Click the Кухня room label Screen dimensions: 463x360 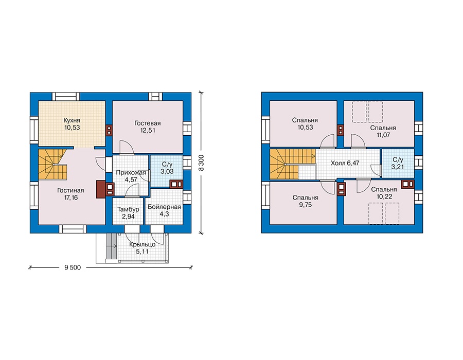coord(72,120)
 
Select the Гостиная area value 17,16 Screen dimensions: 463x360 coord(71,197)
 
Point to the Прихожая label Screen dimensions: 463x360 coord(131,172)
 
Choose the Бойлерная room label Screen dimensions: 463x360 coord(164,207)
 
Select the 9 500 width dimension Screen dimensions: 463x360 coord(73,267)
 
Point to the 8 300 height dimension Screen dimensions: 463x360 coord(201,163)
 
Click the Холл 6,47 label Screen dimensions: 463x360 coord(345,163)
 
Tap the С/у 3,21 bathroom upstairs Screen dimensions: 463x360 coord(398,163)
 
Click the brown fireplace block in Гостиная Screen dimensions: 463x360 coord(101,189)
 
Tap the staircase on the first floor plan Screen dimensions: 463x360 coord(52,164)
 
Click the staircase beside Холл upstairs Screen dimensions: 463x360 coord(292,164)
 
